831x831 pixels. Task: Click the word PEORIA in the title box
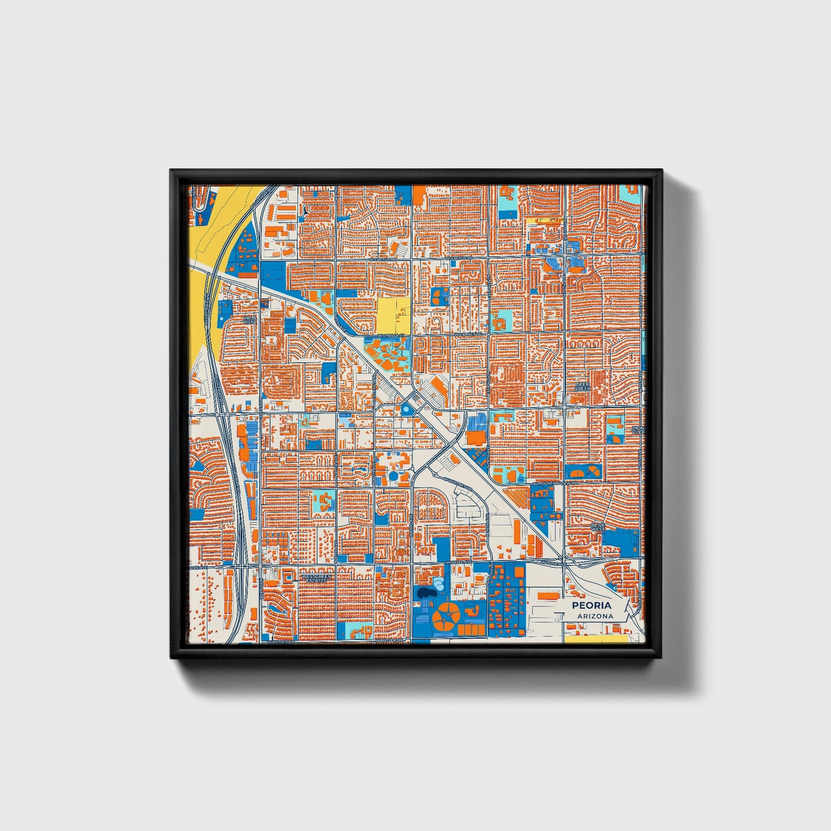coord(592,606)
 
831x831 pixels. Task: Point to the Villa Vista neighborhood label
coord(250,320)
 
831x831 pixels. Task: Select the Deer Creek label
coord(583,386)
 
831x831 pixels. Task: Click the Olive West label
coord(598,527)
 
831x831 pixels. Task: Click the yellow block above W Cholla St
coord(393,314)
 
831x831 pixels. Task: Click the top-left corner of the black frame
coord(171,171)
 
